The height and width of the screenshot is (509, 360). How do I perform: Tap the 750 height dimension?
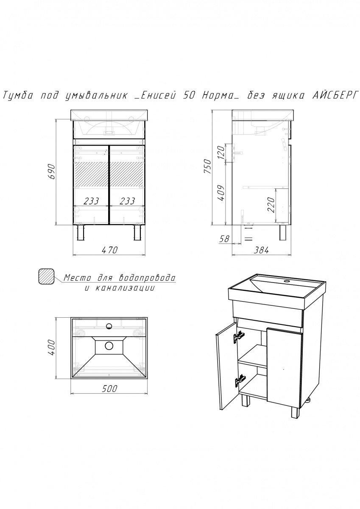tap(207, 166)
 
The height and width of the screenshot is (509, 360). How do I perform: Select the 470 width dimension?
tap(110, 250)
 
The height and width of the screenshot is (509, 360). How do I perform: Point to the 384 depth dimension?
tap(261, 250)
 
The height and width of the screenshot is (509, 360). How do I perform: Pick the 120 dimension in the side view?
tap(220, 152)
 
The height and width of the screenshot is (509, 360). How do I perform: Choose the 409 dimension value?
tap(220, 193)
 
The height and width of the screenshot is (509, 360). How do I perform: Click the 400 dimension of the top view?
tap(52, 347)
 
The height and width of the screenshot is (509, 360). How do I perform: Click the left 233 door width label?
tap(91, 201)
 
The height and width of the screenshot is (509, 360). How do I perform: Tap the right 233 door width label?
tap(127, 201)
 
